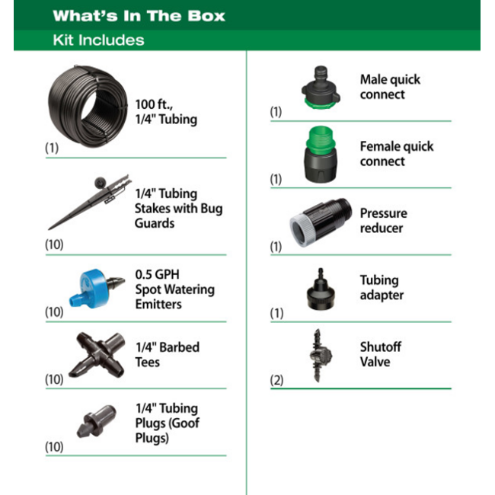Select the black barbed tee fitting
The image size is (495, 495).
tap(97, 355)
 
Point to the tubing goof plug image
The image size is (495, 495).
tap(96, 421)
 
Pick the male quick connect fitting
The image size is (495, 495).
tap(321, 88)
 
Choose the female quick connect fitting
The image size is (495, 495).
tap(321, 155)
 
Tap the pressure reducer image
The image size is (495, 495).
tap(321, 222)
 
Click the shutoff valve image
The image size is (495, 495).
tap(320, 356)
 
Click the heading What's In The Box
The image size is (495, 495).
tap(139, 16)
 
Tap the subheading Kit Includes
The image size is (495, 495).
tap(98, 40)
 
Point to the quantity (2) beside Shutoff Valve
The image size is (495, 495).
tap(276, 380)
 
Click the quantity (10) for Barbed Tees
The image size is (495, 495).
tap(54, 379)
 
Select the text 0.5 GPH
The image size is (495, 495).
tap(157, 274)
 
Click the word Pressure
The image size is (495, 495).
tap(384, 213)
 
